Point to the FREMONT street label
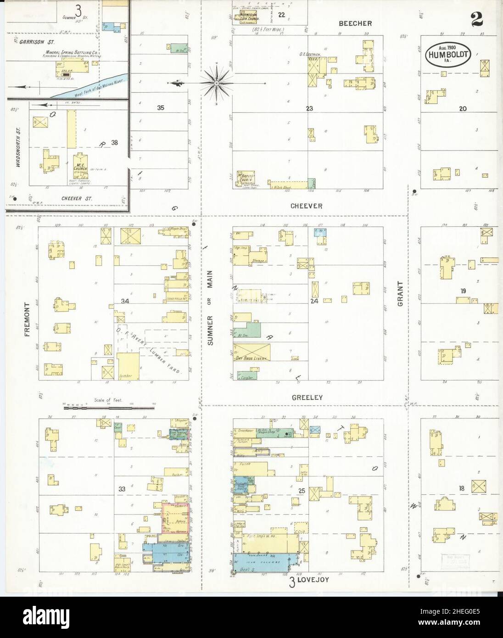tap(27, 320)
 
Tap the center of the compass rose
tap(216, 83)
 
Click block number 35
tap(160, 108)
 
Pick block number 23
tap(309, 108)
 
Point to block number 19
tap(463, 291)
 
